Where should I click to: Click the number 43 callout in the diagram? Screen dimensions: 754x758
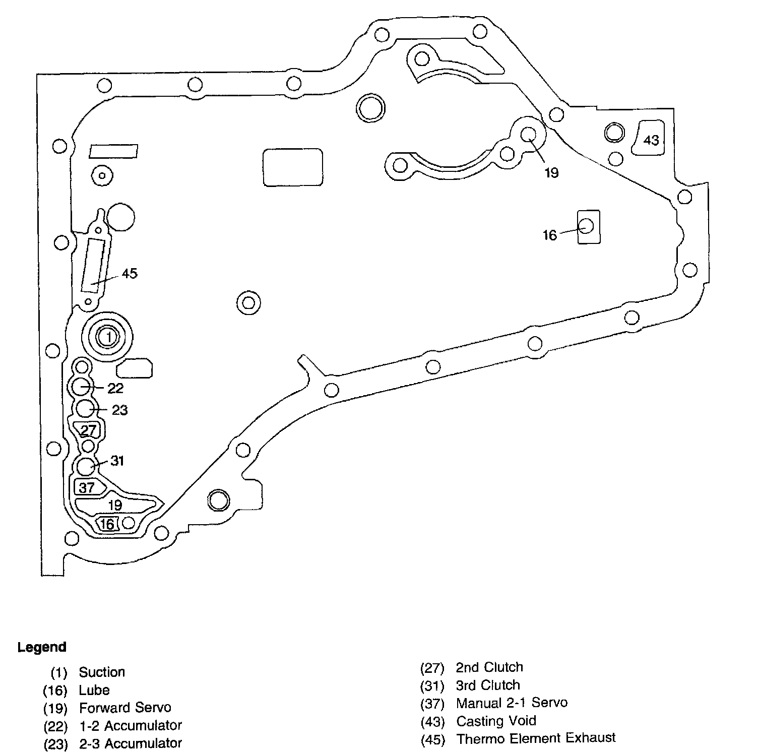pyautogui.click(x=651, y=140)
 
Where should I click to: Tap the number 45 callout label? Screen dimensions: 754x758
pyautogui.click(x=130, y=274)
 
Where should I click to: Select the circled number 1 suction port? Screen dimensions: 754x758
pyautogui.click(x=108, y=337)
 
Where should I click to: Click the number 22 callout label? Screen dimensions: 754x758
pyautogui.click(x=115, y=388)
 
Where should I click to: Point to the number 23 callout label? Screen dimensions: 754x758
pyautogui.click(x=119, y=410)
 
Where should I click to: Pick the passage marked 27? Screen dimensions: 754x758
pyautogui.click(x=88, y=430)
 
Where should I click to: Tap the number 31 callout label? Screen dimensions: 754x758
pyautogui.click(x=117, y=461)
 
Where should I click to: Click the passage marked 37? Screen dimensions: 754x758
pyautogui.click(x=87, y=487)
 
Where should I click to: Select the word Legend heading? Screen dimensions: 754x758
pyautogui.click(x=42, y=647)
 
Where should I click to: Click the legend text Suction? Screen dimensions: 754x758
pyautogui.click(x=102, y=672)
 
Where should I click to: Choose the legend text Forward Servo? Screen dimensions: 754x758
pyautogui.click(x=125, y=708)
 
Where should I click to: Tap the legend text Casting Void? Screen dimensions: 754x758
pyautogui.click(x=496, y=721)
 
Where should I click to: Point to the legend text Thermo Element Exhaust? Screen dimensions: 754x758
pyautogui.click(x=536, y=738)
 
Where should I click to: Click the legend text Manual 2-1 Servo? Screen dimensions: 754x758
pyautogui.click(x=512, y=703)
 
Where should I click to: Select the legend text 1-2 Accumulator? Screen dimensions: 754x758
pyautogui.click(x=131, y=725)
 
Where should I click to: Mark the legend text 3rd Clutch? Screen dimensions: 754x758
pyautogui.click(x=487, y=685)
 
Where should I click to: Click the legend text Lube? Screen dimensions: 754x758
pyautogui.click(x=94, y=690)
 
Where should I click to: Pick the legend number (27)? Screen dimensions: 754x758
pyautogui.click(x=432, y=668)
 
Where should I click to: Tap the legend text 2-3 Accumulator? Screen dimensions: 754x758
pyautogui.click(x=131, y=743)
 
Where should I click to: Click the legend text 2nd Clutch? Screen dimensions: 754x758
pyautogui.click(x=489, y=667)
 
